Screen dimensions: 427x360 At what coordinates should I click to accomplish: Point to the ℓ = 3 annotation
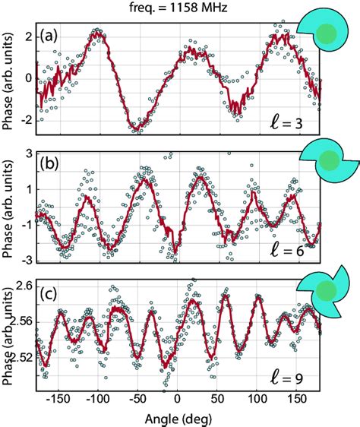pyautogui.click(x=297, y=121)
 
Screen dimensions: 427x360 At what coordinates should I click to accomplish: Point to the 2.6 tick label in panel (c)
pyautogui.click(x=22, y=286)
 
